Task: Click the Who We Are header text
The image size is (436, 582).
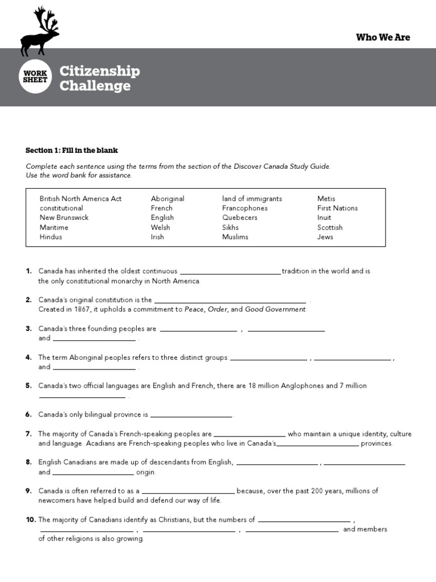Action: coord(383,38)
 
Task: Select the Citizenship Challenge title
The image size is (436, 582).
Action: coord(99,78)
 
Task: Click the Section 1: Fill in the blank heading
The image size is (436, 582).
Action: coord(72,151)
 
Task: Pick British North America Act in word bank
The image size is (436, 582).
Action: coord(81,199)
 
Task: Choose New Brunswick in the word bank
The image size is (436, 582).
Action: coord(64,218)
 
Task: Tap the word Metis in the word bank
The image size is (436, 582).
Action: coord(326,199)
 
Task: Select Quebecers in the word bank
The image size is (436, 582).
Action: coord(240,218)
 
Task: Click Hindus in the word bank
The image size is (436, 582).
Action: coord(51,237)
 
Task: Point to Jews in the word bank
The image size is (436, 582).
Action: coord(325,237)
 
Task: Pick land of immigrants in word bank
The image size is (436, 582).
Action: coord(252,199)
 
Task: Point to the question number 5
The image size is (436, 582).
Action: coord(28,386)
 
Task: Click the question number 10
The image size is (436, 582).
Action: coord(31,519)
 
